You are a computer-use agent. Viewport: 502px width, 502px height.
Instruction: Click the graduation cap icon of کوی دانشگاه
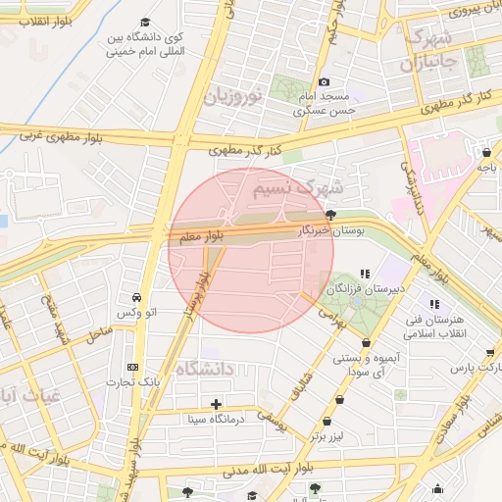(145, 22)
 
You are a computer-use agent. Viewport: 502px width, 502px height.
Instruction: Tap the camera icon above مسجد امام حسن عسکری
(325, 81)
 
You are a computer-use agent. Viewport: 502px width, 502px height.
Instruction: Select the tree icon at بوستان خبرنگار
(331, 215)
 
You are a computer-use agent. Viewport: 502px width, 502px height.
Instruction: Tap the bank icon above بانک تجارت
(132, 366)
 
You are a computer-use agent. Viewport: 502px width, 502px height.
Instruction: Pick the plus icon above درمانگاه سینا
(216, 404)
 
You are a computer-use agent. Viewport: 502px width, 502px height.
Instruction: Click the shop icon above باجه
(487, 153)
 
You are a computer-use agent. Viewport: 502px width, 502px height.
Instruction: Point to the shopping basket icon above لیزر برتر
(339, 399)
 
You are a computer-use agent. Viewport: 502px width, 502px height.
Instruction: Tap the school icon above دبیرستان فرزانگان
(365, 274)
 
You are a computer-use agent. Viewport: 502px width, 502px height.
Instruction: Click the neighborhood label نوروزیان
(232, 96)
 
